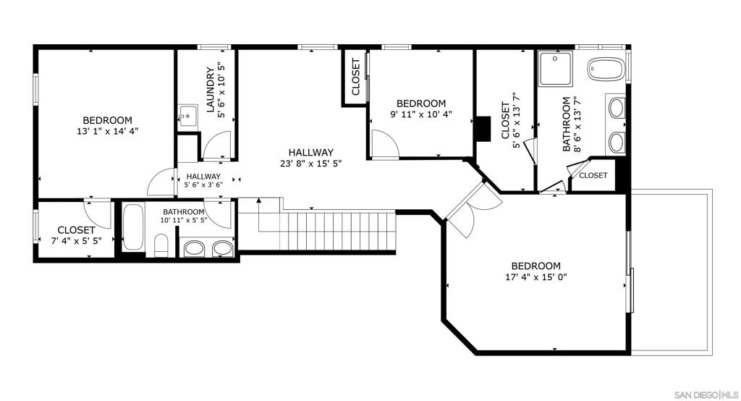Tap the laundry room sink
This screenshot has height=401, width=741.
[x=187, y=115]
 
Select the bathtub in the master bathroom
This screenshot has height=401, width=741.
[x=606, y=69]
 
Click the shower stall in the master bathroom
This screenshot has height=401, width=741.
[x=555, y=69]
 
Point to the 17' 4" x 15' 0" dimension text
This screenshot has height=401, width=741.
[x=536, y=277]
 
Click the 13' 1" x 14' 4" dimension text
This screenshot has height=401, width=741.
[x=107, y=132]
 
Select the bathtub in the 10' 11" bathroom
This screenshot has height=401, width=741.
[x=133, y=227]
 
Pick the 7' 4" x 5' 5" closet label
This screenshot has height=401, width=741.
[x=76, y=235]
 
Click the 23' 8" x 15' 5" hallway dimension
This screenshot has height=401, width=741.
[x=311, y=164]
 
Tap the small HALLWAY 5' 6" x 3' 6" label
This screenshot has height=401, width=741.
[x=203, y=180]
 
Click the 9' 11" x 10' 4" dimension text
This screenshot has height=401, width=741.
[x=421, y=114]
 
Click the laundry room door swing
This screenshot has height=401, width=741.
[x=217, y=145]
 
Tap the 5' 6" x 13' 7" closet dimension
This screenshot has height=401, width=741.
[x=516, y=120]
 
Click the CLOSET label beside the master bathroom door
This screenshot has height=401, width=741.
[x=593, y=175]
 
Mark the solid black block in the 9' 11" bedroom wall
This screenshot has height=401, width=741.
[x=483, y=129]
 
